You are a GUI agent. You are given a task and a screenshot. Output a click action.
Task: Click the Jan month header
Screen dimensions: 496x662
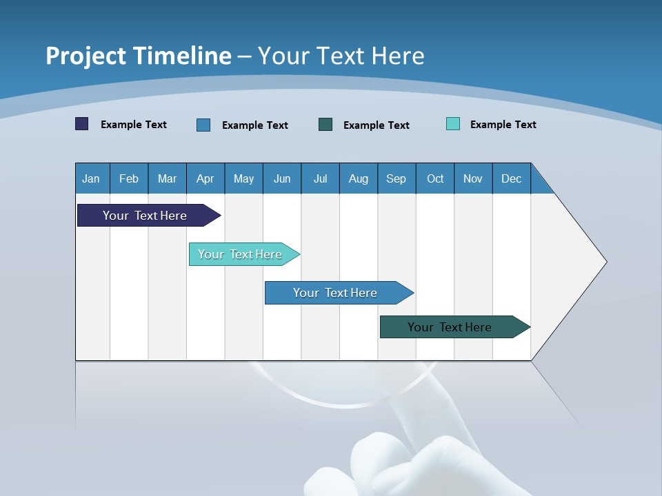point(92,178)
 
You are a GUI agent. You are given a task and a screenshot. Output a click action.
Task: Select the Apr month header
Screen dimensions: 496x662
point(205,178)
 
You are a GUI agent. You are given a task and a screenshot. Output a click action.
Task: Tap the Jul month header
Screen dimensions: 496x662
point(320,178)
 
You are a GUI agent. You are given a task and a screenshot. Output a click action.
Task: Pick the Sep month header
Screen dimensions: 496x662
point(397,178)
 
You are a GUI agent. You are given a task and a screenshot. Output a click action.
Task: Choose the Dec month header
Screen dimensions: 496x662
point(511,178)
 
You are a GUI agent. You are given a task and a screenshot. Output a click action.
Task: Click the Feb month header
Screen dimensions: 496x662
point(129,178)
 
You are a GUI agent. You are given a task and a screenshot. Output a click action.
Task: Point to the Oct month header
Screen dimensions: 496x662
point(435,178)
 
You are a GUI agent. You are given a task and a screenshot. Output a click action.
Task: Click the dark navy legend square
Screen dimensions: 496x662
point(82,124)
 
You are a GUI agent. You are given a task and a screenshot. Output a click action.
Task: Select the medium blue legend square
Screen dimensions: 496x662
point(203,125)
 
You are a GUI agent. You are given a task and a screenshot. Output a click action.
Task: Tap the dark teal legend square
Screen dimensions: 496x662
point(325,125)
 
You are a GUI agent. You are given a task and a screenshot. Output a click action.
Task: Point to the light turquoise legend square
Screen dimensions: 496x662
point(453,124)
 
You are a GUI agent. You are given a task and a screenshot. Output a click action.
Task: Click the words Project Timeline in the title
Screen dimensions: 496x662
point(139,56)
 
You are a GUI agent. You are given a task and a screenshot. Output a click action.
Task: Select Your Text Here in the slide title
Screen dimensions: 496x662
point(341,56)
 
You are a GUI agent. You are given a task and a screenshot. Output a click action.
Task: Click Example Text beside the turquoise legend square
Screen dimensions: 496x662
point(503,125)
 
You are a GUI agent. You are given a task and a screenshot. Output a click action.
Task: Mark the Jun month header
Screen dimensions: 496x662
point(282,178)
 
